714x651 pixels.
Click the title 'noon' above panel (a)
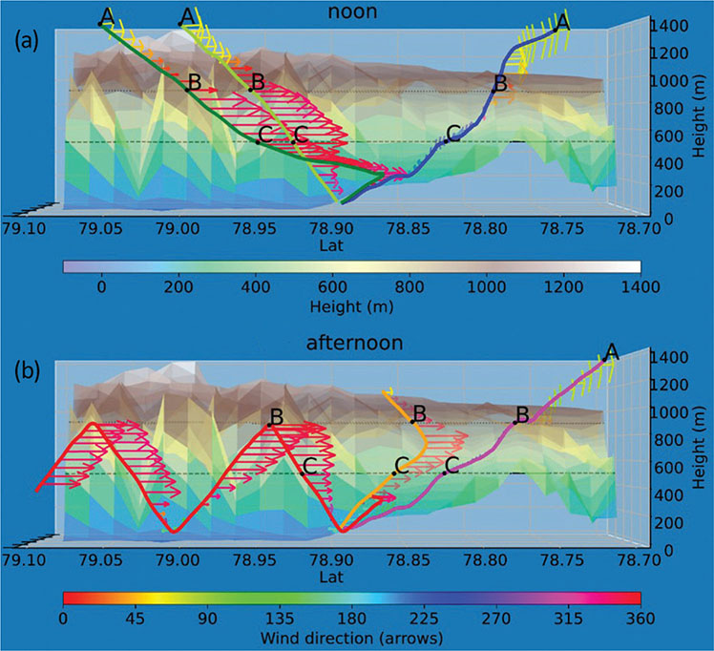tap(356, 12)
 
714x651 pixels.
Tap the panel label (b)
tap(30, 370)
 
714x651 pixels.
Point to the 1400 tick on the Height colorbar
tap(640, 284)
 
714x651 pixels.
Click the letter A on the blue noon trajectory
tap(562, 20)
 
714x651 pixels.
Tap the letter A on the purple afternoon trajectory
tap(612, 352)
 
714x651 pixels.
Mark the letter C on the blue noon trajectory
tap(453, 132)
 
